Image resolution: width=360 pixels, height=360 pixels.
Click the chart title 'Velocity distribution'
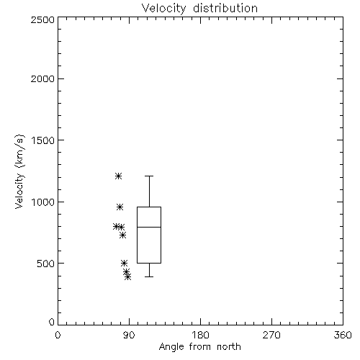click(x=199, y=9)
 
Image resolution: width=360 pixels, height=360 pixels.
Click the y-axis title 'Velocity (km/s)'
click(x=19, y=171)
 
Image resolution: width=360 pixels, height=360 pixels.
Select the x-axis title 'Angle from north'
click(x=199, y=347)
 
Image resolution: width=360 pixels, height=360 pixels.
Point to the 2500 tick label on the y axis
click(x=42, y=19)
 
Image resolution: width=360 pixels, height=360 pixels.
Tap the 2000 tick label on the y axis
click(x=42, y=78)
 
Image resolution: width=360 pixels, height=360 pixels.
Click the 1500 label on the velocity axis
click(x=43, y=140)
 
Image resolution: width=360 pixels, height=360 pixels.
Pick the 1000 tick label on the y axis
click(x=43, y=202)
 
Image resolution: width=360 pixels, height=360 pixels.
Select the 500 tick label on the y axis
click(x=46, y=264)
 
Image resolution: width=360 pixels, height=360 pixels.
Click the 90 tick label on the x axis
click(x=129, y=335)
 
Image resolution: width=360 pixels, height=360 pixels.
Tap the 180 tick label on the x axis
click(x=200, y=335)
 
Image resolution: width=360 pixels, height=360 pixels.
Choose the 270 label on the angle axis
click(x=271, y=335)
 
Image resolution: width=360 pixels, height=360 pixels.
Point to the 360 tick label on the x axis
click(x=343, y=335)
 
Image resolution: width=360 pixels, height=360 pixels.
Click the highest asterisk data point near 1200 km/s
click(x=118, y=176)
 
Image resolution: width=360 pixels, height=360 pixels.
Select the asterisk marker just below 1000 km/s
click(x=120, y=207)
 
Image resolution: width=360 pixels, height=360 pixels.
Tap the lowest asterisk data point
click(x=127, y=277)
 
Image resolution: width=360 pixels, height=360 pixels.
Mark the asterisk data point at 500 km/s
click(x=124, y=263)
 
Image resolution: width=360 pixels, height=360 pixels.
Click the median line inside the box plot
click(x=149, y=227)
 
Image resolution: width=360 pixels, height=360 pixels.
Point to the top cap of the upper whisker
click(x=149, y=176)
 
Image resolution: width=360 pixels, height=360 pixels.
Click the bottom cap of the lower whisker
click(x=149, y=276)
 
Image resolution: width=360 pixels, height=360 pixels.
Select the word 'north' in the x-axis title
click(x=229, y=347)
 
